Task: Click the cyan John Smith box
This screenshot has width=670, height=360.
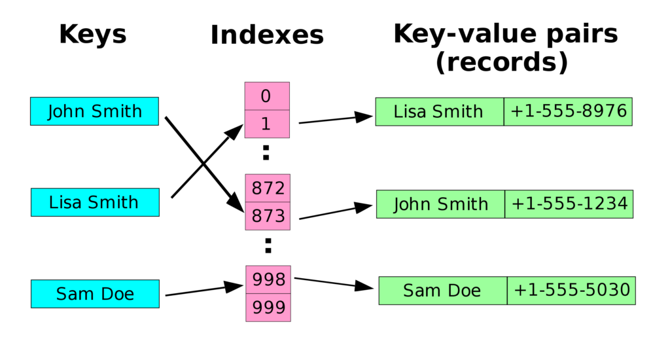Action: tap(94, 111)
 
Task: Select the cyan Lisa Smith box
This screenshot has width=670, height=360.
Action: tap(95, 202)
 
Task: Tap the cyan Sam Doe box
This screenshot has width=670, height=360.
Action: tap(95, 294)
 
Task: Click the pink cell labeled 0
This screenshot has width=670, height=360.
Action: tap(266, 96)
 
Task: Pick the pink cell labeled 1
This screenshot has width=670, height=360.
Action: tap(266, 124)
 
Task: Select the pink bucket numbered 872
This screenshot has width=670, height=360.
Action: tap(268, 189)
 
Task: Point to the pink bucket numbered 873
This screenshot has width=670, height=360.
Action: tap(268, 216)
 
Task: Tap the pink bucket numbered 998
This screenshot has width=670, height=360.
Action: tap(268, 280)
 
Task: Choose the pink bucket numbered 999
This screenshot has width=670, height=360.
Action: tap(268, 308)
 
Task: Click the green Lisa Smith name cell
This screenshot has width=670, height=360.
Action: tap(439, 112)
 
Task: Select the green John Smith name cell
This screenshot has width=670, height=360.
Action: tap(440, 204)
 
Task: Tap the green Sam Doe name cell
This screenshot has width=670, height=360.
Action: tap(442, 291)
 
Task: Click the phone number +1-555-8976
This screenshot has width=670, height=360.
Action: tap(568, 111)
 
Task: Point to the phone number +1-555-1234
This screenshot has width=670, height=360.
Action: tap(569, 204)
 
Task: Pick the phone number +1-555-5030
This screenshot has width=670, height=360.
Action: tap(571, 290)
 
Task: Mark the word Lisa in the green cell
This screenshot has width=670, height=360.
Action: tap(409, 112)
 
